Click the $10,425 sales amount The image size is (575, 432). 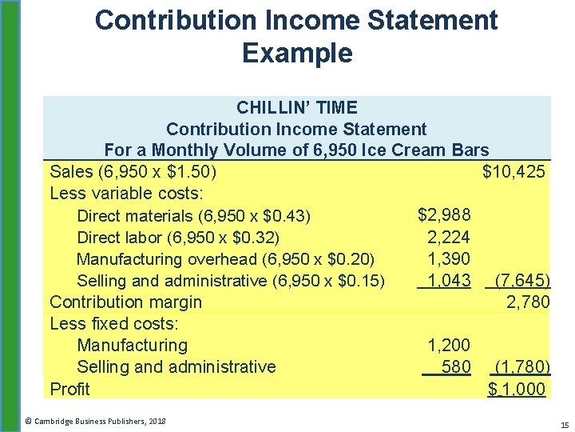coord(514,171)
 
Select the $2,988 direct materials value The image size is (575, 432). coord(444,214)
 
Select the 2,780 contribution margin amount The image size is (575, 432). coord(528,302)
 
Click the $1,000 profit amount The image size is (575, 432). coord(517,390)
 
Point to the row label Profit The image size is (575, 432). coord(69,390)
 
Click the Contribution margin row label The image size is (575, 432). coord(125,302)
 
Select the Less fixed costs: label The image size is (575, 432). coord(114,324)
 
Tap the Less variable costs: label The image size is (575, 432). coord(127,194)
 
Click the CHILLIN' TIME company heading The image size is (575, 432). coord(296,107)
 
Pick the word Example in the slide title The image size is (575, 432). coord(296,54)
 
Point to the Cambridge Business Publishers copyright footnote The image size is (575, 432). coord(95,420)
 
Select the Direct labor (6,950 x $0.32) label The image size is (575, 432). coord(178,238)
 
